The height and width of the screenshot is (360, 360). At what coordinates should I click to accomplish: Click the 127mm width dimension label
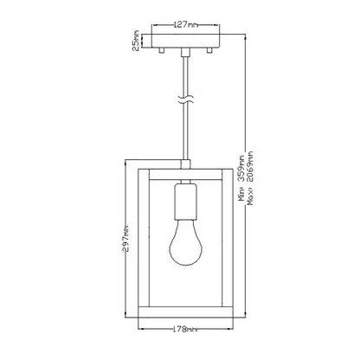[186, 25]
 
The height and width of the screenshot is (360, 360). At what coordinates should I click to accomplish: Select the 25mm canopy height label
[136, 41]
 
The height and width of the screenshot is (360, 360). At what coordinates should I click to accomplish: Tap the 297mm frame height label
[125, 238]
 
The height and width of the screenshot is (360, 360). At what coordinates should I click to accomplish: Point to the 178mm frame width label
[185, 329]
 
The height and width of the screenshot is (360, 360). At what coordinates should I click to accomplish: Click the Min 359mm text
[241, 177]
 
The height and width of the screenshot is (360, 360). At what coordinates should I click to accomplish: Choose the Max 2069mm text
[250, 177]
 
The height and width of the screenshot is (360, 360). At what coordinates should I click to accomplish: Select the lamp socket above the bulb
[185, 201]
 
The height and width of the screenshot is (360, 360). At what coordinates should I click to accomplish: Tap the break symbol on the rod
[185, 100]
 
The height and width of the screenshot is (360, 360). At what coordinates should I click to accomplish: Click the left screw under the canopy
[162, 51]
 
